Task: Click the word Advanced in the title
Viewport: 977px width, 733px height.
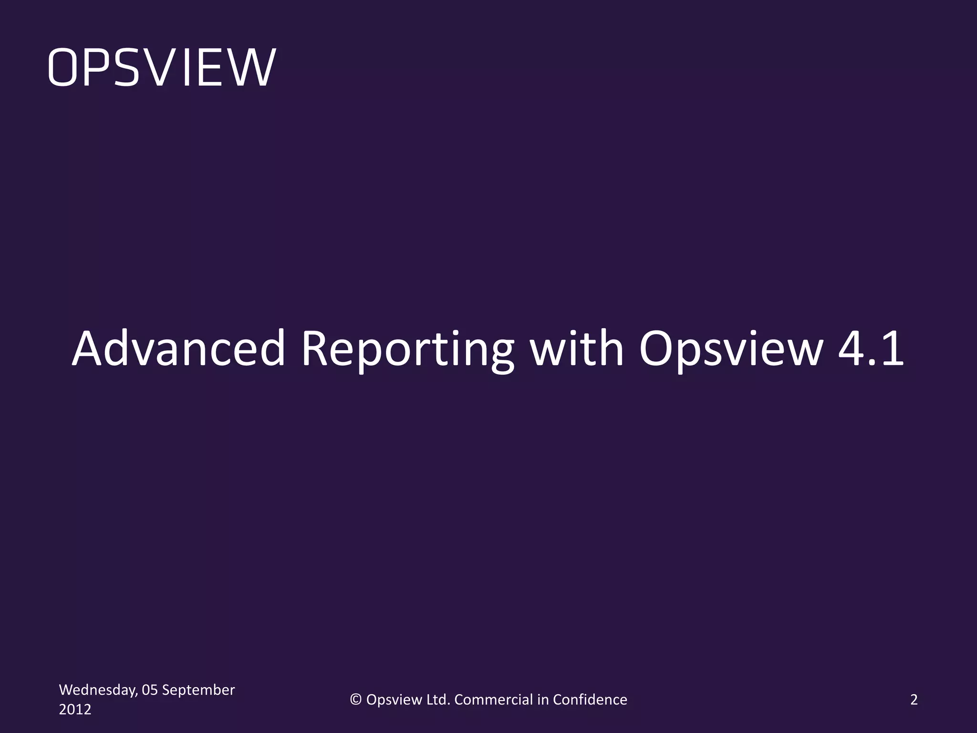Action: tap(178, 348)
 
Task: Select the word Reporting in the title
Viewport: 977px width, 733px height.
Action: tap(408, 349)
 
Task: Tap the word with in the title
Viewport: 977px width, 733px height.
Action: tap(577, 348)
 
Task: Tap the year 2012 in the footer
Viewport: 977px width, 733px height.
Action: tap(75, 710)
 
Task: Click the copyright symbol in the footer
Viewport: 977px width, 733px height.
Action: tap(356, 700)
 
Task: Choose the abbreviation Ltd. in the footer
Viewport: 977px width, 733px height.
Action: tap(438, 700)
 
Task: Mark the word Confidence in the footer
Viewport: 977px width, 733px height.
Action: tap(590, 700)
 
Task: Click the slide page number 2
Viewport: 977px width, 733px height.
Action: tap(914, 700)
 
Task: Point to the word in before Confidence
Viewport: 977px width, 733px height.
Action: tap(543, 700)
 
